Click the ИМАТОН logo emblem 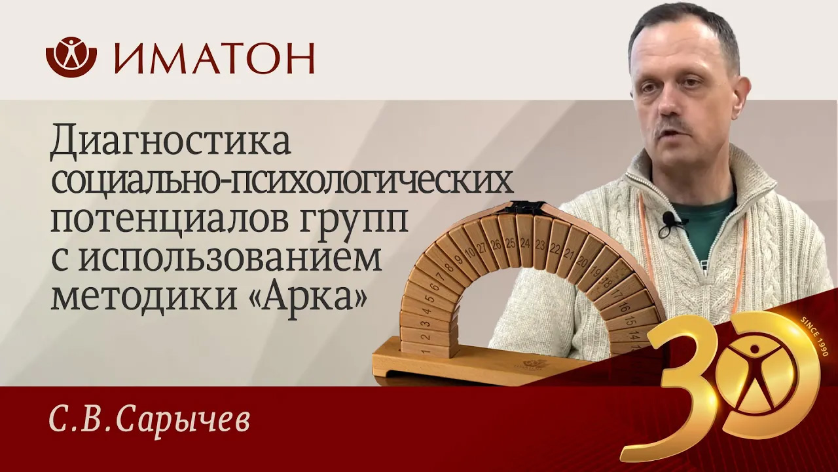click(71, 56)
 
